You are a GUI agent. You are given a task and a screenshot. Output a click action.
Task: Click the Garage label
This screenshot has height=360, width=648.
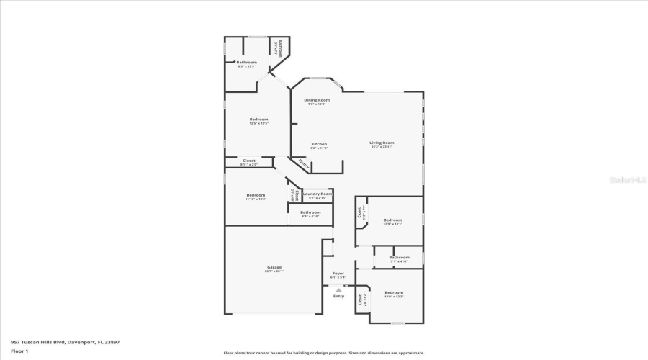tap(274, 267)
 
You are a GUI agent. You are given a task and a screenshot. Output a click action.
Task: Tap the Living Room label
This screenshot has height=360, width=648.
tap(382, 143)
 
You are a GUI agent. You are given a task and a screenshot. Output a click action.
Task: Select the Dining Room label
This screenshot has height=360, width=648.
tap(316, 99)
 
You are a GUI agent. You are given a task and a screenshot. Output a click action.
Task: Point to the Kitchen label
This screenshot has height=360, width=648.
tap(319, 143)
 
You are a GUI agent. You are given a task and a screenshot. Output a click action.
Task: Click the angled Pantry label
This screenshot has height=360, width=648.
tap(305, 164)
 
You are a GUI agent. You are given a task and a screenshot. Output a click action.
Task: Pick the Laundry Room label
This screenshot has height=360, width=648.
tap(317, 193)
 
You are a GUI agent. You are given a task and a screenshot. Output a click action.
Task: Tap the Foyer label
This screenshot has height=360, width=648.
tap(338, 274)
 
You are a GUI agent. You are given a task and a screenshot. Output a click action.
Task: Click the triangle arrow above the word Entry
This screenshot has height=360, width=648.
tap(338, 289)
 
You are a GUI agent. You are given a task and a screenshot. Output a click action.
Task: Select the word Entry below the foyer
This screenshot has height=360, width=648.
tap(338, 296)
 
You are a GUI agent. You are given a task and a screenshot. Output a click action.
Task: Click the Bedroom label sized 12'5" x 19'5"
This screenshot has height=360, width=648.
tap(259, 119)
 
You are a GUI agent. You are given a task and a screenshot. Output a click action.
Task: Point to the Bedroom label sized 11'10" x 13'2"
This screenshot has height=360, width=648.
tap(256, 194)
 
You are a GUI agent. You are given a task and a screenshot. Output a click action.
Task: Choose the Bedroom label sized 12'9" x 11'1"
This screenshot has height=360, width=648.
tap(392, 220)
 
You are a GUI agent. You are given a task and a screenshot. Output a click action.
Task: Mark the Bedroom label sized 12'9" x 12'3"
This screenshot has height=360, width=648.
tap(394, 292)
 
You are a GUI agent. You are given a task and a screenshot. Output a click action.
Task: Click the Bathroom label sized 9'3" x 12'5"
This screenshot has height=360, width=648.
tap(247, 63)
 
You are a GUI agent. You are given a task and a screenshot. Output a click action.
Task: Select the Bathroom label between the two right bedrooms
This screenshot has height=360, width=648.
tap(399, 257)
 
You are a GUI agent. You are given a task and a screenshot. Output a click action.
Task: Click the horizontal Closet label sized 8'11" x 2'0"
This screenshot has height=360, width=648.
tap(248, 161)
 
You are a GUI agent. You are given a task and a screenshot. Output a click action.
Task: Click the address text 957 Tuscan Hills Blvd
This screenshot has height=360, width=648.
tap(65, 342)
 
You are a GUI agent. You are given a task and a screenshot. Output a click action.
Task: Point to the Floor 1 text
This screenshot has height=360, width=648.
tap(19, 351)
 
